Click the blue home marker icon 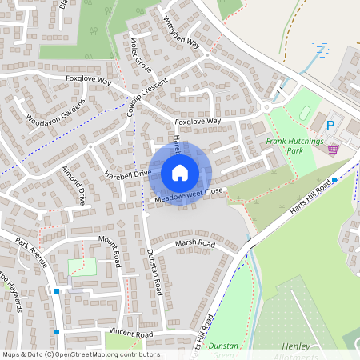tap(180, 173)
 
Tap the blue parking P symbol tap(330, 125)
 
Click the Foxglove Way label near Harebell tap(198, 121)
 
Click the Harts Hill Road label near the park tap(312, 198)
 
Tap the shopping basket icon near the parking tap(333, 149)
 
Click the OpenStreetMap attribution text tap(80, 354)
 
